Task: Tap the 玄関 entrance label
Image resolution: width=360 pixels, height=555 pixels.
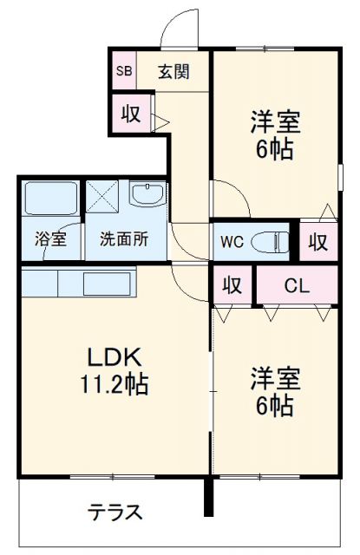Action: pyautogui.click(x=173, y=71)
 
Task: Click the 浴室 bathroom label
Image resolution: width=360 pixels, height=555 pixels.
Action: pyautogui.click(x=50, y=239)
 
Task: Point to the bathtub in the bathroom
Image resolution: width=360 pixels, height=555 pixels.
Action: pyautogui.click(x=50, y=199)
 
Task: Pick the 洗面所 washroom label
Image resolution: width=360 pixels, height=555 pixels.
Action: pyautogui.click(x=123, y=239)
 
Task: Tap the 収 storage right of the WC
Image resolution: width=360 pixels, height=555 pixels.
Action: pyautogui.click(x=318, y=241)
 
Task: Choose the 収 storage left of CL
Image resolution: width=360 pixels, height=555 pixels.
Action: pyautogui.click(x=232, y=284)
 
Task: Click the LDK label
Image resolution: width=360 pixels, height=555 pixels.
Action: pyautogui.click(x=112, y=356)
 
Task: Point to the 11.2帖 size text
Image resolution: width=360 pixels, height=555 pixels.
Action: pyautogui.click(x=114, y=382)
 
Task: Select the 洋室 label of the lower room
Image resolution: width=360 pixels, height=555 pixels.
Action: pyautogui.click(x=275, y=379)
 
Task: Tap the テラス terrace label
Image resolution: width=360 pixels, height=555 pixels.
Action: pyautogui.click(x=115, y=512)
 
